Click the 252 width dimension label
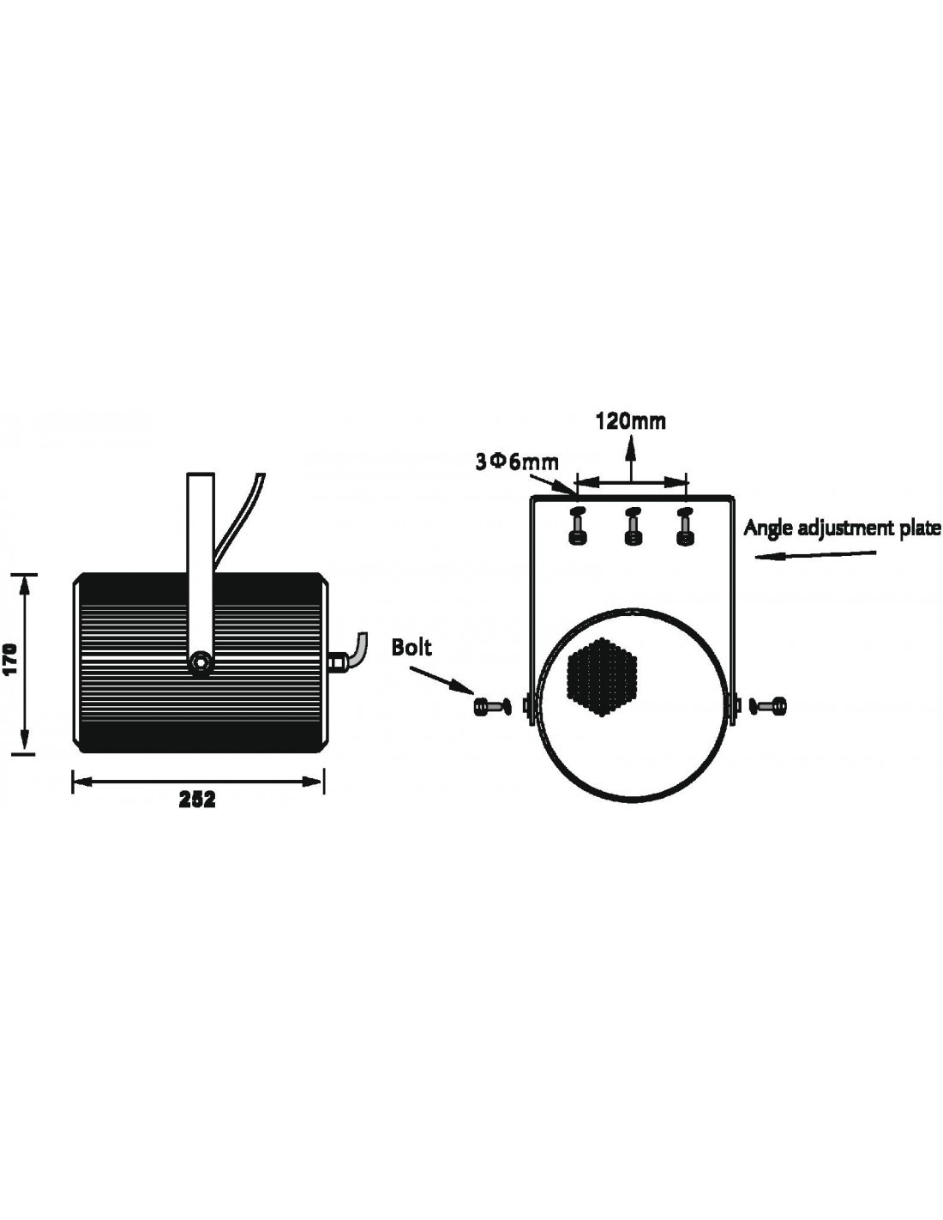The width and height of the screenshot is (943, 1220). click(196, 800)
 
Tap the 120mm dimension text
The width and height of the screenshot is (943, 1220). click(631, 421)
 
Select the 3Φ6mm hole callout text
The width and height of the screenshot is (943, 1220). click(517, 462)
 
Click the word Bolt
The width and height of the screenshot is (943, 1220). click(412, 647)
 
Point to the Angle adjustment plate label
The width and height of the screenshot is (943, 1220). click(843, 528)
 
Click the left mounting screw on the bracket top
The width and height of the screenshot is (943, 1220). click(577, 527)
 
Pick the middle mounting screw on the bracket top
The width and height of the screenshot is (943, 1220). click(633, 527)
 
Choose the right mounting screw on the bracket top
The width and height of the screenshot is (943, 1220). click(684, 527)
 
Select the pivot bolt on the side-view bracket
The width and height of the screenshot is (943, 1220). click(201, 663)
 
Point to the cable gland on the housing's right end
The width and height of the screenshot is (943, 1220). click(336, 661)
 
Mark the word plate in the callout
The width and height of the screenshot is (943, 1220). click(921, 528)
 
